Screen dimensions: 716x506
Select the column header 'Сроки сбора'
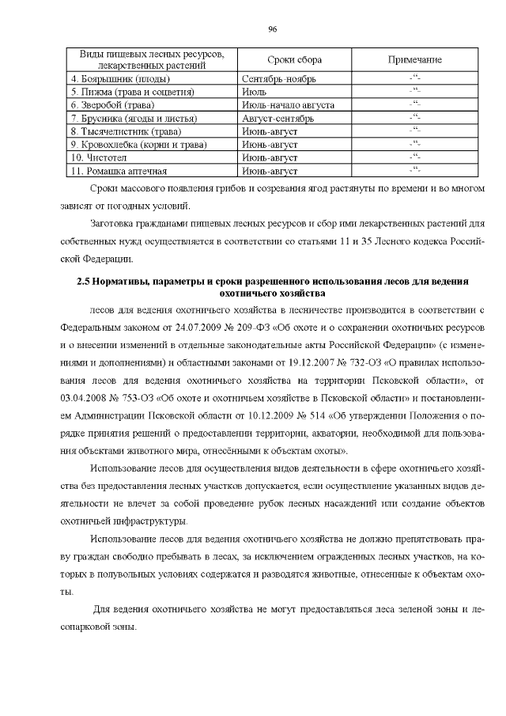(x=271, y=60)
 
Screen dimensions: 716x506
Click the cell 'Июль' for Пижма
(x=255, y=92)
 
